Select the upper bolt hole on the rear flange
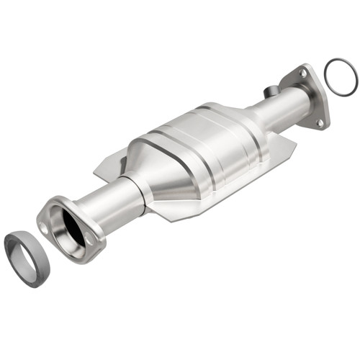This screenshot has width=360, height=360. click(x=303, y=73)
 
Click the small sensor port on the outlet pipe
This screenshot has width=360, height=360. click(x=271, y=91)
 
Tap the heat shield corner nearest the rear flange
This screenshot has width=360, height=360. click(x=292, y=148)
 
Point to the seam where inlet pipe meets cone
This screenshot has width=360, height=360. click(x=144, y=189)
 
